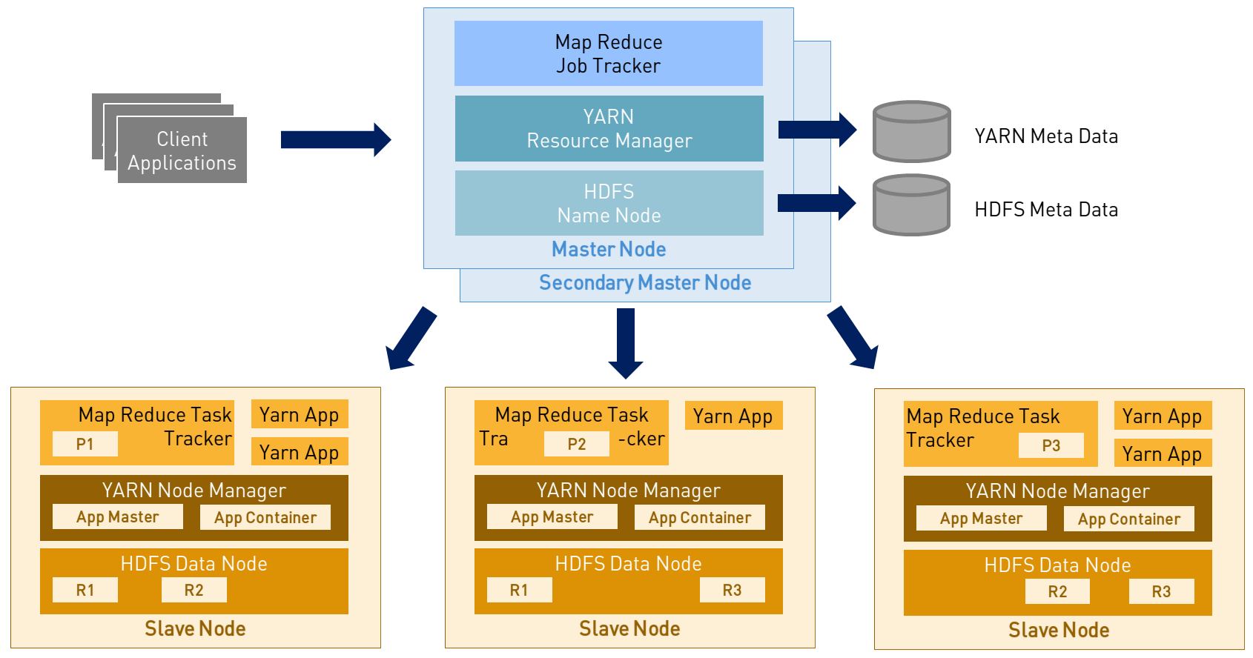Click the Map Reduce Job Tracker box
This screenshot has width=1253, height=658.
608,53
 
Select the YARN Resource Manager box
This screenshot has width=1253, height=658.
609,128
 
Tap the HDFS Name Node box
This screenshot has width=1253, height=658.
609,203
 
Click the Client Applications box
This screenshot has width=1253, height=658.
182,150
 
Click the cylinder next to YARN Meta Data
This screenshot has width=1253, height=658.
911,132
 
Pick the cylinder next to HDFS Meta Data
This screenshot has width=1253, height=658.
911,205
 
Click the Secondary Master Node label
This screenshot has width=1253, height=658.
645,283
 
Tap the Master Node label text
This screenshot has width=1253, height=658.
608,250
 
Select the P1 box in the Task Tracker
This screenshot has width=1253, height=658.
85,445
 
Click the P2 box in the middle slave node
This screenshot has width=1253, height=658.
576,445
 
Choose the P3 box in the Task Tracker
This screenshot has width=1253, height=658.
1051,446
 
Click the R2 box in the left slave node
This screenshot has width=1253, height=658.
194,591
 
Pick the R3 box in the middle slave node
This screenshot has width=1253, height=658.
732,591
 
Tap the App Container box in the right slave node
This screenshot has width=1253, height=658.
1128,519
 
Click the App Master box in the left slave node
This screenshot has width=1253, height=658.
118,517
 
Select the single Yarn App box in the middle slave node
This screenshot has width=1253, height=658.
733,416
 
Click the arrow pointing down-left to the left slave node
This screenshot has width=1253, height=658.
411,339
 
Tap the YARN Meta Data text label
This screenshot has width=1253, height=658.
1045,136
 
